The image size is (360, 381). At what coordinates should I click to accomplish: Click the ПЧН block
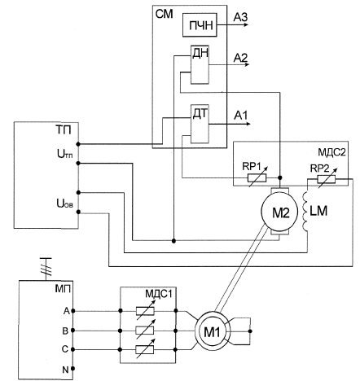point(200,24)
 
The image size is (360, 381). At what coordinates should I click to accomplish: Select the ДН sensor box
point(200,64)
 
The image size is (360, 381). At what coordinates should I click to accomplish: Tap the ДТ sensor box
point(200,124)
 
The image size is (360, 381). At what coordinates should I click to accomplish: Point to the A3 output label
point(240,17)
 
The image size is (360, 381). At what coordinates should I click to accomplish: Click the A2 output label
point(240,58)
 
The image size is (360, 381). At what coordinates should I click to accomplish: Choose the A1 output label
point(241,116)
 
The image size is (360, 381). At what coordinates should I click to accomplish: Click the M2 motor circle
point(279,212)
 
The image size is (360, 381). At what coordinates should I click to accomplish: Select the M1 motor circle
point(213,331)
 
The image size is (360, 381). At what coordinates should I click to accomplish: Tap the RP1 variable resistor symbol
point(257,177)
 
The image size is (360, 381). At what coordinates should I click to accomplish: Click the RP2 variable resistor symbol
point(327,179)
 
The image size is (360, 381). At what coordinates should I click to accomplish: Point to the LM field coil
point(305,212)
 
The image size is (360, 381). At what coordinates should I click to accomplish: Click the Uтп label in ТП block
point(64,155)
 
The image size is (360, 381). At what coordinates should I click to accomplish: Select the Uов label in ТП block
point(64,203)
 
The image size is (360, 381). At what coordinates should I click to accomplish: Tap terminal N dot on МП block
point(72,369)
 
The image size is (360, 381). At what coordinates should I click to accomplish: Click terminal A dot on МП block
point(72,311)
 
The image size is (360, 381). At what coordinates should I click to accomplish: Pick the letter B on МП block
point(65,331)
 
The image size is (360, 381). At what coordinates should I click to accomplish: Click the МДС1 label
point(159,294)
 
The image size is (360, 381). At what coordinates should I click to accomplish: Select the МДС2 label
point(331,152)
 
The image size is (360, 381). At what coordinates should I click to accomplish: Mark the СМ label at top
point(164,14)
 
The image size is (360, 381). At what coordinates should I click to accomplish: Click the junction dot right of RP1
point(280,177)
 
